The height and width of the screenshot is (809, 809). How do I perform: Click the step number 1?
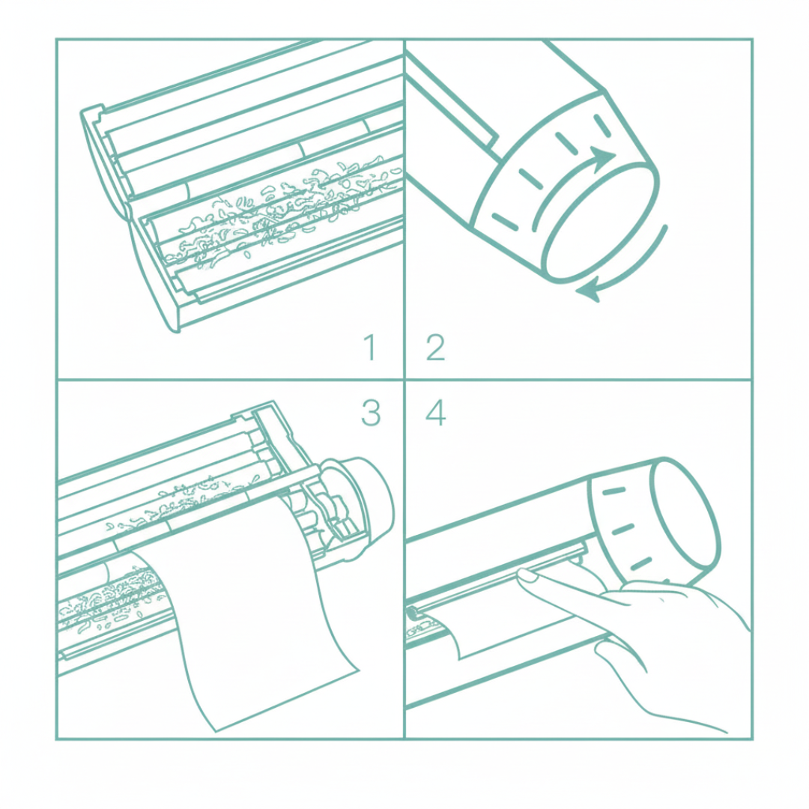click(370, 347)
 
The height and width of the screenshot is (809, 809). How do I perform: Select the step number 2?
click(435, 348)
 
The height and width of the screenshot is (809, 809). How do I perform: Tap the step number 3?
click(371, 412)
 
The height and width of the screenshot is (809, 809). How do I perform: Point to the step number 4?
click(435, 413)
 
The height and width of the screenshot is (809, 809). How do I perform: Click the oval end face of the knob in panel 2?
click(602, 222)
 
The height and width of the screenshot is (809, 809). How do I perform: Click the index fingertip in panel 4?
click(527, 575)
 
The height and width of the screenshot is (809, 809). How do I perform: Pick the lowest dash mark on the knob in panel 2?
click(505, 221)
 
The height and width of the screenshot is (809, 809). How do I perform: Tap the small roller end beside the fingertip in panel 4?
click(413, 613)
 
